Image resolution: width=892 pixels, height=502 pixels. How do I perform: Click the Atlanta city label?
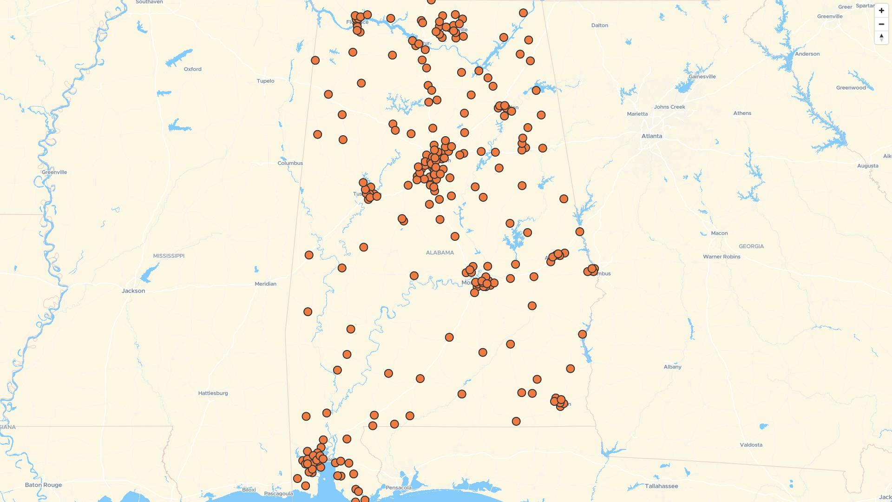[652, 136]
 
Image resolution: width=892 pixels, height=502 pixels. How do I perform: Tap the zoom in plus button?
[881, 11]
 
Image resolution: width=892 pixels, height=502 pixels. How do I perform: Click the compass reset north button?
[881, 38]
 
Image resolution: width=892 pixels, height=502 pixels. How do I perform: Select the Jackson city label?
[133, 291]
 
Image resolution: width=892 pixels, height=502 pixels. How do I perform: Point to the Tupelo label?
[266, 81]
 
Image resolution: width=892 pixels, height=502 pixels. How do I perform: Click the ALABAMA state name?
[440, 253]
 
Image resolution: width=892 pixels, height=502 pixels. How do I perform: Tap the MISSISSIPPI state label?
[169, 256]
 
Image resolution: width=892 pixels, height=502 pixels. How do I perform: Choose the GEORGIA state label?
[751, 246]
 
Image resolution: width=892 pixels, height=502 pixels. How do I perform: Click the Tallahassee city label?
[662, 486]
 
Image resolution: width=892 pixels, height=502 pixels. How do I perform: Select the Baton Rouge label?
[43, 485]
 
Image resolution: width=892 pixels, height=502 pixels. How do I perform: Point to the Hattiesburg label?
[213, 393]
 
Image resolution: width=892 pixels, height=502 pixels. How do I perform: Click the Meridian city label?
[266, 284]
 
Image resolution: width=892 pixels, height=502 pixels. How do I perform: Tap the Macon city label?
[719, 233]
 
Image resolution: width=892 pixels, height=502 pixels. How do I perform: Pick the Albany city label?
[673, 367]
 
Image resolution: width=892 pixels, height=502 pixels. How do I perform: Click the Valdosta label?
[751, 445]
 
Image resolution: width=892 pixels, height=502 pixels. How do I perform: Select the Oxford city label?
[193, 69]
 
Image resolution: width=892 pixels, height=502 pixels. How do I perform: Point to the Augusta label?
[868, 166]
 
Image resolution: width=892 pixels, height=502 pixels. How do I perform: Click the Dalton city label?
[600, 26]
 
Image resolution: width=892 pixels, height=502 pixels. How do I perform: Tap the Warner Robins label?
[721, 257]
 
